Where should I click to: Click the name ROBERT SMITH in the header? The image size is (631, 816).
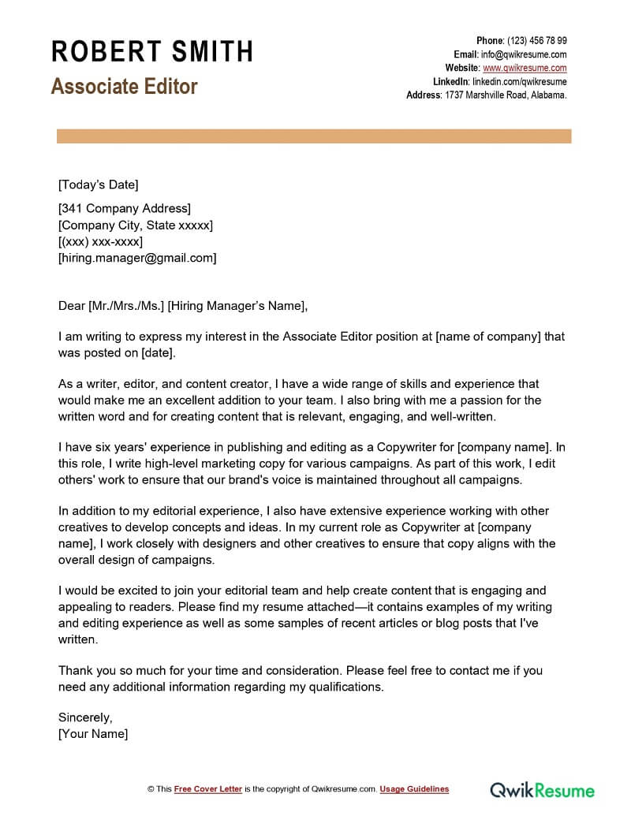152,51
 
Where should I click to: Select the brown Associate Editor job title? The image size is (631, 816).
125,86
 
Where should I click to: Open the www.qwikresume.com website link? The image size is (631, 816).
525,68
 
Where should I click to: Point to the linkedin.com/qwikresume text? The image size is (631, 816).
520,81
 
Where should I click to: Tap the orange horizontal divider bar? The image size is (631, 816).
314,136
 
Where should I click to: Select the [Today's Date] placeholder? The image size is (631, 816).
98,184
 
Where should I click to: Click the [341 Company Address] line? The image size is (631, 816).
125,209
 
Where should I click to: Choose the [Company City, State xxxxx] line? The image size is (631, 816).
136,225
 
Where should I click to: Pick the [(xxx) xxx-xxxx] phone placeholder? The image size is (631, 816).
100,241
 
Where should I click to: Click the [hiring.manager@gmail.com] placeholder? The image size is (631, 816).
137,258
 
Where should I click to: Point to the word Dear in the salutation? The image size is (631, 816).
72,306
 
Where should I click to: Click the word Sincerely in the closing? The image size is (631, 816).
85,717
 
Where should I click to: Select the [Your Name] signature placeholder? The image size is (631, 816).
93,734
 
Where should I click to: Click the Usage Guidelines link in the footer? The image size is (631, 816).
414,789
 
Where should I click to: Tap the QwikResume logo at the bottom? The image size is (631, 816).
542,789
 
